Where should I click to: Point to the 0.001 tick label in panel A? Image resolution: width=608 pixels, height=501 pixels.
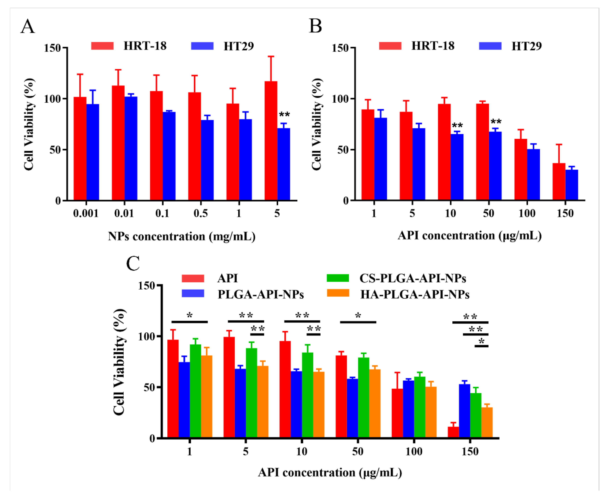[86, 214]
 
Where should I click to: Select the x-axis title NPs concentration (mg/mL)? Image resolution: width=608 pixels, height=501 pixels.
[182, 236]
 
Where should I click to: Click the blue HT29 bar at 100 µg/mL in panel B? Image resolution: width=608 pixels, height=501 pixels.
[533, 175]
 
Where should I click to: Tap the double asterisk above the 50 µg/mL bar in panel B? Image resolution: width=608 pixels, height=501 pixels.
[496, 122]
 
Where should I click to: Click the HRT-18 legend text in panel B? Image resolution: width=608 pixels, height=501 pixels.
[433, 46]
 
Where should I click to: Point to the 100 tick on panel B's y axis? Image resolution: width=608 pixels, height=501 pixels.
[340, 99]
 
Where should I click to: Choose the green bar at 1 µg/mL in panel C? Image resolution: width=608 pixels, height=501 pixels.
[195, 391]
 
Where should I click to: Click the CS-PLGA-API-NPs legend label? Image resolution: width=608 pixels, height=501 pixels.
[413, 278]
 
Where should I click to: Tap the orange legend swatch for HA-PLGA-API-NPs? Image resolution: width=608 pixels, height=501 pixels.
[338, 293]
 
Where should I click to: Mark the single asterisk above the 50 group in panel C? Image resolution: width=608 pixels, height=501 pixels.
[358, 316]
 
